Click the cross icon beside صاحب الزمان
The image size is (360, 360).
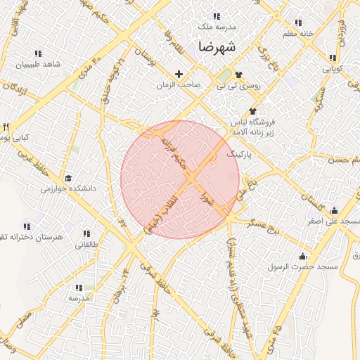[179, 74]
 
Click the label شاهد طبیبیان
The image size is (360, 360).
[41, 64]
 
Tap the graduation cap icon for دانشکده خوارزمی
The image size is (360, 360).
[68, 179]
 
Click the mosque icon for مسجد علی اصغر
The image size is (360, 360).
[334, 210]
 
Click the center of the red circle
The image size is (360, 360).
[180, 179]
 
